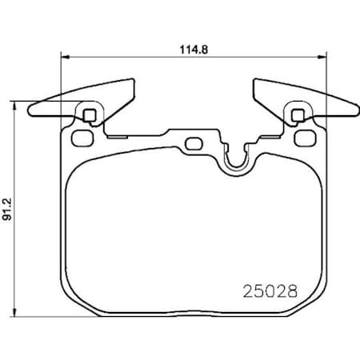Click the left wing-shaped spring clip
[80, 101]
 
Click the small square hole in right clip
[299, 113]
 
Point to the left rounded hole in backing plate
[81, 137]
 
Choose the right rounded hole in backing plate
[302, 137]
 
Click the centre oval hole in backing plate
[194, 144]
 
